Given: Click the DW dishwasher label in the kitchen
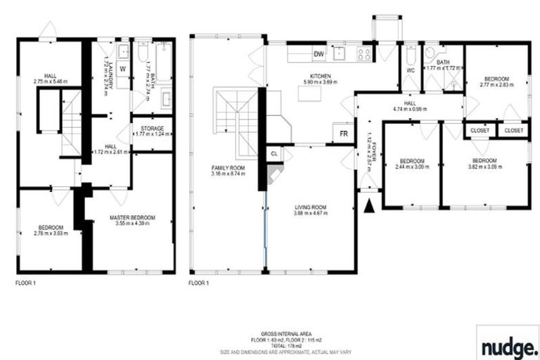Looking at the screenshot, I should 319,54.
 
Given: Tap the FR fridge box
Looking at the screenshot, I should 344,134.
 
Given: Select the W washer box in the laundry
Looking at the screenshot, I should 122,69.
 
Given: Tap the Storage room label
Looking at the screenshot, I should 153,129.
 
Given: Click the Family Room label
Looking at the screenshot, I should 228,168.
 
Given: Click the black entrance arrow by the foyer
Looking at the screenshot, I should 369,205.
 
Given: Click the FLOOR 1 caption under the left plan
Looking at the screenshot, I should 25,283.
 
